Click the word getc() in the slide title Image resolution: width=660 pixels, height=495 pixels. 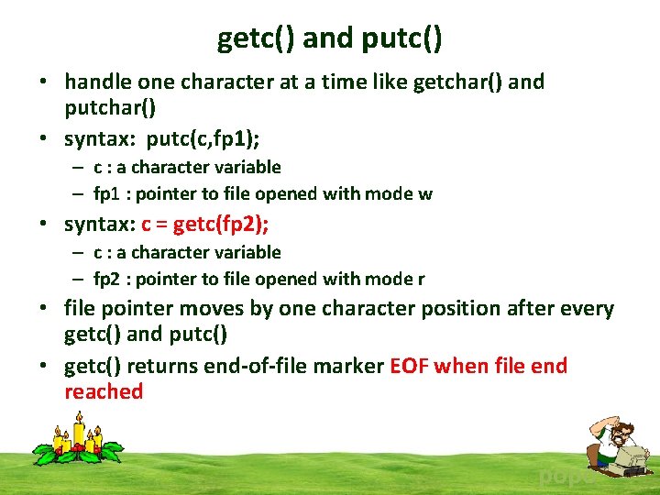256,38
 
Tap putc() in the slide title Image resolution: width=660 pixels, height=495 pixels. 402,38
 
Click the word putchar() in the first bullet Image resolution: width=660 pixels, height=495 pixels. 110,107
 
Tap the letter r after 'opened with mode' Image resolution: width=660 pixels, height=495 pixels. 421,279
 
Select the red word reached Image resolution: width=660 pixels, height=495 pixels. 104,391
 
